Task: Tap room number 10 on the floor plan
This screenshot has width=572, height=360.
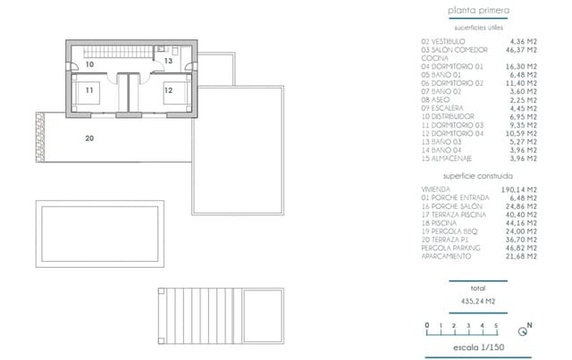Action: (x=89, y=65)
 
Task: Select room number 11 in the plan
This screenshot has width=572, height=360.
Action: (x=89, y=90)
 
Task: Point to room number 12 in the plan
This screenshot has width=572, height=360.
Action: (x=168, y=90)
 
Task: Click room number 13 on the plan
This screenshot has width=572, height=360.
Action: (x=168, y=61)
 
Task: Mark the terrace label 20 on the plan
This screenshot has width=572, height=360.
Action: (x=89, y=138)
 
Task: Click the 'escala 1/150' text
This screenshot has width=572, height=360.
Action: (x=478, y=348)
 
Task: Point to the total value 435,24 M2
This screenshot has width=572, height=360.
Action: (x=478, y=302)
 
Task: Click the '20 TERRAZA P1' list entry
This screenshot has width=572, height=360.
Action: (x=446, y=239)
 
